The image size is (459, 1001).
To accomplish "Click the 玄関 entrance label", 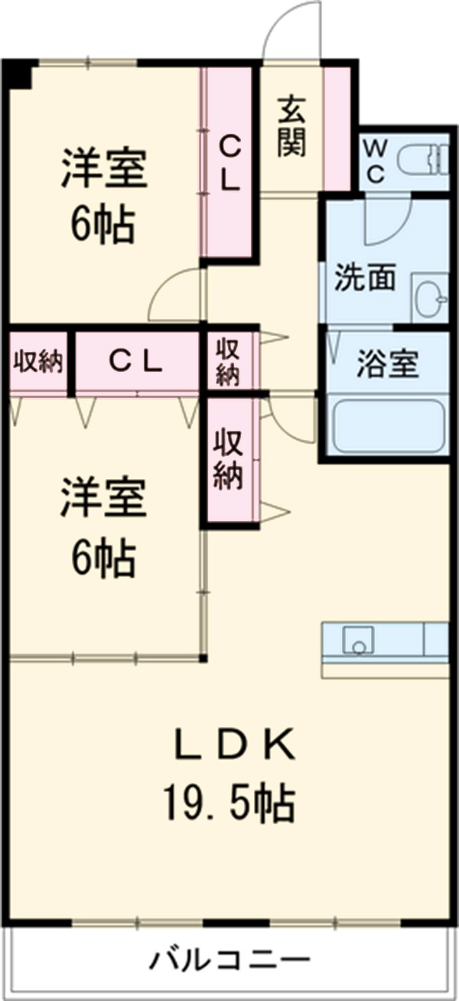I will pyautogui.click(x=291, y=126).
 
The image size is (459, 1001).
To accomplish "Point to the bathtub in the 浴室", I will pyautogui.click(x=389, y=426).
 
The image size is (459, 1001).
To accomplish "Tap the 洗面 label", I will pyautogui.click(x=364, y=278).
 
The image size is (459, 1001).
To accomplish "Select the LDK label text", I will pyautogui.click(x=233, y=745).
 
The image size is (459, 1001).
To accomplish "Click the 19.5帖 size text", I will pyautogui.click(x=228, y=802).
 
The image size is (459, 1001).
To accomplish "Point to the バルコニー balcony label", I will pyautogui.click(x=229, y=959).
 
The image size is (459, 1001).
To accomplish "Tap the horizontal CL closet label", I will pyautogui.click(x=135, y=361).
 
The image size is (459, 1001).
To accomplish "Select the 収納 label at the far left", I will pyautogui.click(x=37, y=361).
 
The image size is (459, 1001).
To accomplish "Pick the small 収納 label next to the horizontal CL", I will pyautogui.click(x=228, y=361).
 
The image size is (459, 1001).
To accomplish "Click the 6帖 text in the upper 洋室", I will pyautogui.click(x=104, y=225).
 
